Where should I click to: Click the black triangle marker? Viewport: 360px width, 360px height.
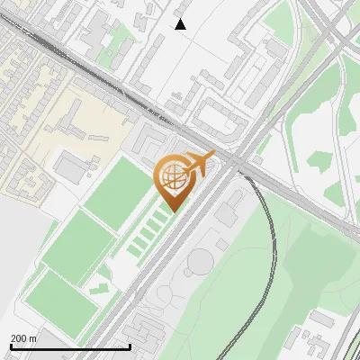click(181, 24)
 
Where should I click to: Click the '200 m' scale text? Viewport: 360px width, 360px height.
click(23, 337)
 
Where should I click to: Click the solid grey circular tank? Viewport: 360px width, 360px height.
click(200, 262)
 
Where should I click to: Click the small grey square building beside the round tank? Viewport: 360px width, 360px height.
click(221, 244)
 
